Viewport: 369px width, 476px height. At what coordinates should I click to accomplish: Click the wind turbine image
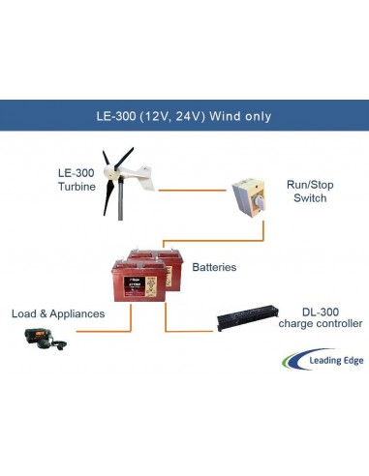click(x=124, y=182)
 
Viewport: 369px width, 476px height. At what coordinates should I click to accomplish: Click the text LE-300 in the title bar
click(x=121, y=116)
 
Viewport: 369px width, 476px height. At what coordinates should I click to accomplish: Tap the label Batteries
click(x=216, y=265)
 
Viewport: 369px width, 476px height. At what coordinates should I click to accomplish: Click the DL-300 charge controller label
click(x=320, y=317)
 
